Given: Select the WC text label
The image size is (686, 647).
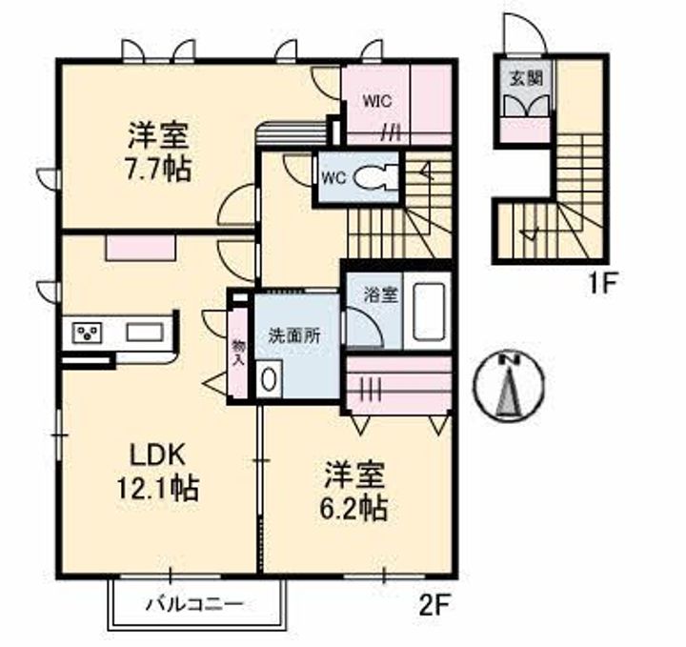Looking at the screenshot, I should pyautogui.click(x=333, y=178).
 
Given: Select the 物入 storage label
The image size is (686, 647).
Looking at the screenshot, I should pyautogui.click(x=238, y=351).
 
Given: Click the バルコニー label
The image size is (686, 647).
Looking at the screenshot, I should pyautogui.click(x=194, y=603).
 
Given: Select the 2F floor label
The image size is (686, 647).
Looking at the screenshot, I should pyautogui.click(x=434, y=604).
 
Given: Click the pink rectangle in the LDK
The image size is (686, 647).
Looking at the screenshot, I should pyautogui.click(x=140, y=247).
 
